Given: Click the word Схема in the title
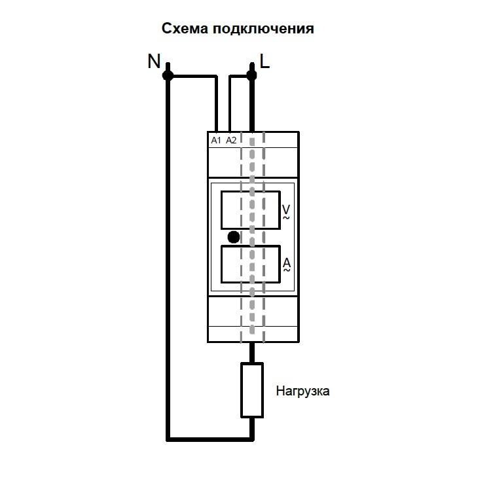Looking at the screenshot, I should coord(184,29).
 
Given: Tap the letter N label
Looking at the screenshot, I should coord(154,62).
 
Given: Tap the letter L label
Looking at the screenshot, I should coord(264,62).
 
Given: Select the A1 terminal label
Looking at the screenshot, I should coord(217,140).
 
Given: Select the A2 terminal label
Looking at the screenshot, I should coord(231,140).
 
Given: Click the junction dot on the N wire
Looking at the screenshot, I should coord(168,76).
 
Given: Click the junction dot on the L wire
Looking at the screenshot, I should coord(251,76).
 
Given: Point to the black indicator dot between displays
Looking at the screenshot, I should coord(233,237).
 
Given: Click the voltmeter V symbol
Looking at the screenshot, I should coord(285,210).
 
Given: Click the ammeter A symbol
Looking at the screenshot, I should coord(286,264).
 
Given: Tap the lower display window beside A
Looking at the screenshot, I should coord(251,264).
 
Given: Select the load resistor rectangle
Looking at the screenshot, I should coord(251,390).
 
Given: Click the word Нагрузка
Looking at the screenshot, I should coord(302,392).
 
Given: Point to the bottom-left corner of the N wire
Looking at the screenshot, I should coord(168,437).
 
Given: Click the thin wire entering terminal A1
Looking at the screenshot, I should coord(216,105).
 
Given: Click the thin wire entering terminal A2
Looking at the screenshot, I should coord(229,105).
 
